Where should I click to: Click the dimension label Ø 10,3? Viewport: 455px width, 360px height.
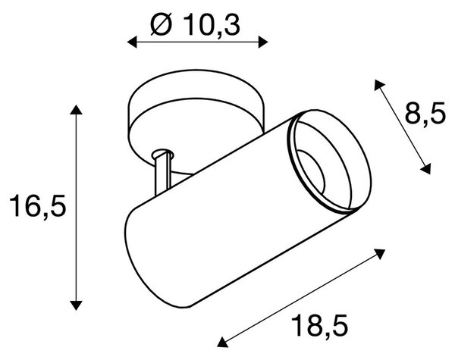(196, 25)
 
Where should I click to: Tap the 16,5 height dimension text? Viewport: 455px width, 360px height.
(38, 206)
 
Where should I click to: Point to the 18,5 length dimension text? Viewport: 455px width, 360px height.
(319, 325)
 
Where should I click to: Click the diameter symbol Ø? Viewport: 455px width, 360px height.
(161, 25)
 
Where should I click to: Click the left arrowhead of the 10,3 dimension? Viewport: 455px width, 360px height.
(132, 42)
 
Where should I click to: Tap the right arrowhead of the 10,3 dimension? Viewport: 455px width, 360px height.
(263, 42)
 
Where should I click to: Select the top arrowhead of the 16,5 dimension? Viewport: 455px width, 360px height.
(76, 110)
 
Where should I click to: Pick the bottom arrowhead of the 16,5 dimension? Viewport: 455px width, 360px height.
(76, 305)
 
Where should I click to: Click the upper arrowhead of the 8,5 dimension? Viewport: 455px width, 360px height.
(378, 85)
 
